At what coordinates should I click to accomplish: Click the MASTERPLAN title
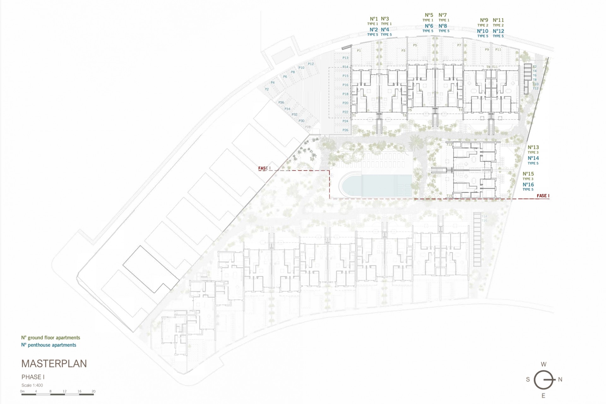54,364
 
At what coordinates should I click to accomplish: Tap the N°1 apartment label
374,19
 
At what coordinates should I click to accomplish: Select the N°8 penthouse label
443,26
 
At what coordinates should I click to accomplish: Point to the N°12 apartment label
498,31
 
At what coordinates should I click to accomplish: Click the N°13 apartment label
533,147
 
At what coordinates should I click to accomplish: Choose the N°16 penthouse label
528,185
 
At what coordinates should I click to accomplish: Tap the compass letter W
544,365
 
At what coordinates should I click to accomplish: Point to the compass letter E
544,396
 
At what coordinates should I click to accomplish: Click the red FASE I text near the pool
264,168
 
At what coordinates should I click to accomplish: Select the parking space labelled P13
345,58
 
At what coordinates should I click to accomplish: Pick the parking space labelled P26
345,130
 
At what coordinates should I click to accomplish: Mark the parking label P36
281,103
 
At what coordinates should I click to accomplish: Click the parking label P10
301,68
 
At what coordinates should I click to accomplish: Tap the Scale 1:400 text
32,385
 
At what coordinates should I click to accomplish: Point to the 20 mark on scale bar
93,391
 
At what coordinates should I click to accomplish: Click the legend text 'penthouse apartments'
52,345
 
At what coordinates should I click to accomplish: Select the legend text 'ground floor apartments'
54,338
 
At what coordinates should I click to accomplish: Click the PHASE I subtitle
33,377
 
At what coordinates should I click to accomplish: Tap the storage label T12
535,88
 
